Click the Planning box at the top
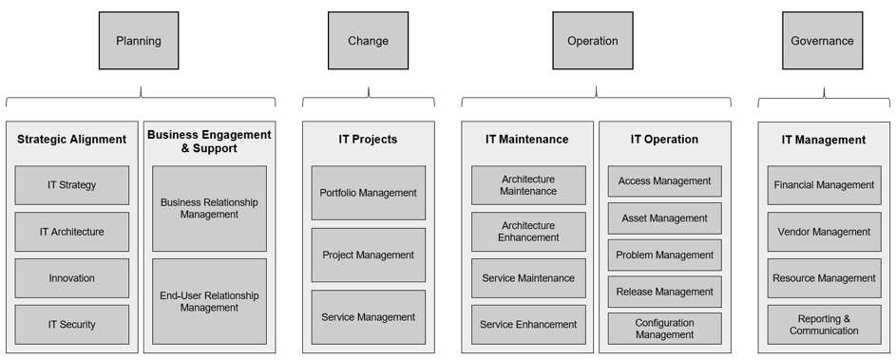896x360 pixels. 139,41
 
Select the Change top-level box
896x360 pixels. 368,41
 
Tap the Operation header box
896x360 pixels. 593,41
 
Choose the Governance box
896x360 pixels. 822,41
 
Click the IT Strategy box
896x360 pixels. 72,185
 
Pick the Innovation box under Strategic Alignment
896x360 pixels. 72,278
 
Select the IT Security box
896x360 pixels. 72,325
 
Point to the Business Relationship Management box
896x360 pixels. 209,209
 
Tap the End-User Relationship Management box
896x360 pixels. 209,302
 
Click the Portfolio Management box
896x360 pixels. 369,193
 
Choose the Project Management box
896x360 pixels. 369,255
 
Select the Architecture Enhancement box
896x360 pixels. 528,232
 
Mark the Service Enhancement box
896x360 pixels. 528,325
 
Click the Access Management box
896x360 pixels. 664,181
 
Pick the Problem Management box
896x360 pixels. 664,256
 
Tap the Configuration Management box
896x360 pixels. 664,329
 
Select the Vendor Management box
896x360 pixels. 824,232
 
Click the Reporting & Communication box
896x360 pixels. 824,325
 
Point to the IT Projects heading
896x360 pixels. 369,140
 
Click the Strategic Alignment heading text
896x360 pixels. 72,140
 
